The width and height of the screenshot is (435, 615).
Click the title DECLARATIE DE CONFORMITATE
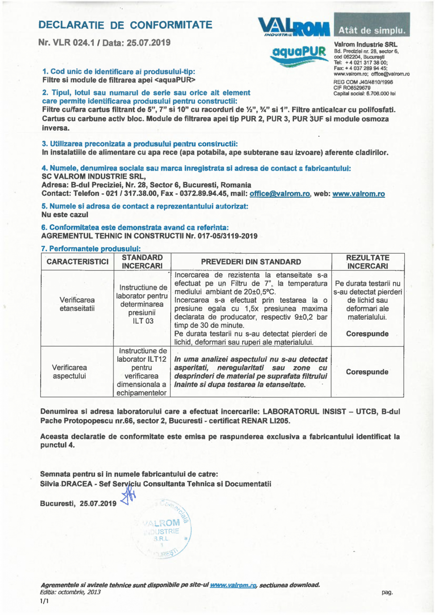[125, 25]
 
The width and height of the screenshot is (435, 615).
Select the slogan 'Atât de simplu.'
[373, 31]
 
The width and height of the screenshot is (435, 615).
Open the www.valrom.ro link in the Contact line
[358, 193]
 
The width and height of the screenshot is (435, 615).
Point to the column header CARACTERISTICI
[78, 262]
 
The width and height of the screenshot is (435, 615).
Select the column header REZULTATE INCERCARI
[368, 262]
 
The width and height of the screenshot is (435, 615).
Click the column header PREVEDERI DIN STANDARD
[251, 262]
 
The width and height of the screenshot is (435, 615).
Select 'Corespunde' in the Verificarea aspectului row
[367, 372]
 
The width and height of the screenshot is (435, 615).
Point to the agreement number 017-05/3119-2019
[225, 236]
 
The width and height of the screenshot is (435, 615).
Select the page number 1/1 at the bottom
[44, 602]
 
